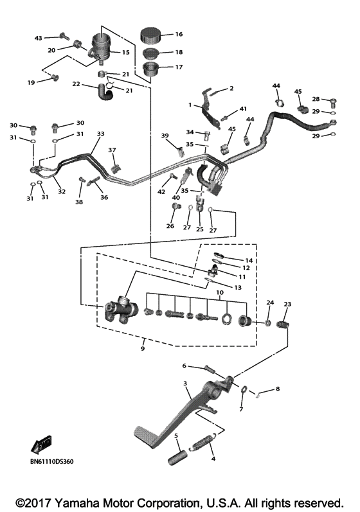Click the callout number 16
tap(179, 34)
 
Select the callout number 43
tap(37, 39)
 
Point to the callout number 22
tap(76, 84)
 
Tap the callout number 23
tap(287, 304)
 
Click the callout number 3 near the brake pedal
tap(185, 384)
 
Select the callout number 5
tap(176, 436)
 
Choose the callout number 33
tap(100, 134)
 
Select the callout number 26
tap(170, 225)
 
